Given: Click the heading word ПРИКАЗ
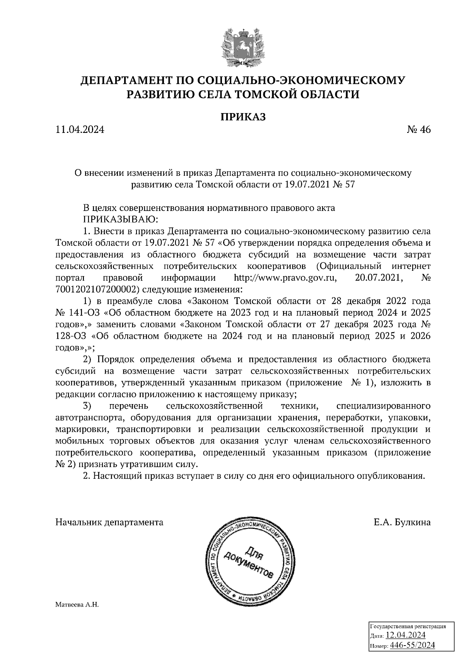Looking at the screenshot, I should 243,117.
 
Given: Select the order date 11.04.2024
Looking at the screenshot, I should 80,130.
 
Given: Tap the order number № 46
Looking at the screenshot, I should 418,130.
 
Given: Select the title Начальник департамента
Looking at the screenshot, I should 109,523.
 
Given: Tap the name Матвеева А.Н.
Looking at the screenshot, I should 78,605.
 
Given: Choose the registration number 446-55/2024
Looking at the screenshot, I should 413,646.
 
